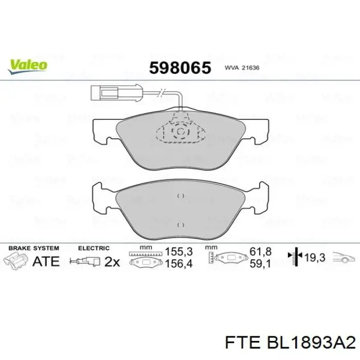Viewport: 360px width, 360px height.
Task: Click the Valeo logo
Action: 27,64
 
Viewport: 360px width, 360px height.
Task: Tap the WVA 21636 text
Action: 241,68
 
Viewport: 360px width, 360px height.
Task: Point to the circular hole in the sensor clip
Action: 180,132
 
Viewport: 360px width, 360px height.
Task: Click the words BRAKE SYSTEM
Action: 31,248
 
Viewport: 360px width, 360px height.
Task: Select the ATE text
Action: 46,261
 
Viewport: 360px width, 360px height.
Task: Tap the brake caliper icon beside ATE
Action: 16,261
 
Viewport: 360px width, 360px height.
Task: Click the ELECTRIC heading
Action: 94,248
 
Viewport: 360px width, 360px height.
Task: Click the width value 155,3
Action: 179,253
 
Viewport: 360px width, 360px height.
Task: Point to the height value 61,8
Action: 260,253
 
